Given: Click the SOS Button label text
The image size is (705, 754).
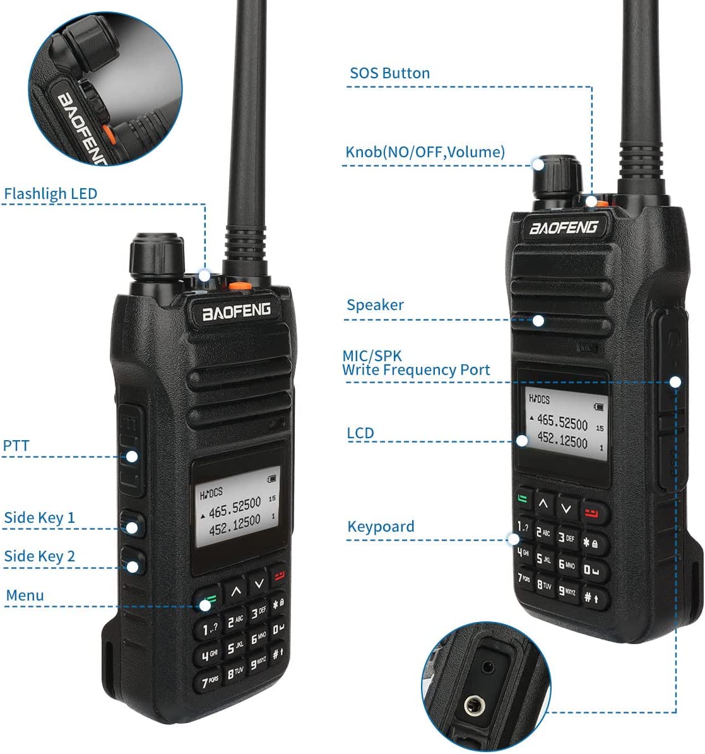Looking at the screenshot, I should (x=389, y=73).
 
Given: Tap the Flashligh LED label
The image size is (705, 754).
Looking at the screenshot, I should (x=50, y=193).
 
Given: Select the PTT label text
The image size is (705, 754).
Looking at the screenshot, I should (x=16, y=445).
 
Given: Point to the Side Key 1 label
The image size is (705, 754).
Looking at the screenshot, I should (x=39, y=518).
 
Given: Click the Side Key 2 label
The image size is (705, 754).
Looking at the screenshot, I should (x=39, y=556).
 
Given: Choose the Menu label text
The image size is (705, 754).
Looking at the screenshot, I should (x=25, y=595).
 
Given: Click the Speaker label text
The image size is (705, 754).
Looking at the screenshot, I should (x=375, y=305).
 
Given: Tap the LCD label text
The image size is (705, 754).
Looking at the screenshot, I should (x=360, y=433).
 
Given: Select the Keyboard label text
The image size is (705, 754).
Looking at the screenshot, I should (x=381, y=527).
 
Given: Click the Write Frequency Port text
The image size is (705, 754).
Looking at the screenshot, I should (x=416, y=370).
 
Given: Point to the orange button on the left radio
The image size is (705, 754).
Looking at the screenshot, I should (x=237, y=287).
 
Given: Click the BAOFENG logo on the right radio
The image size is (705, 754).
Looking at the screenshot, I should (x=563, y=227).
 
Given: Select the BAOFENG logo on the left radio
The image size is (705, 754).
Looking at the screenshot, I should (x=236, y=311).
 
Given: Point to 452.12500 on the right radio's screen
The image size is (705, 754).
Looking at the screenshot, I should (x=562, y=441).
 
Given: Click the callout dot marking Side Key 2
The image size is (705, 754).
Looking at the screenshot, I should (x=133, y=566).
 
